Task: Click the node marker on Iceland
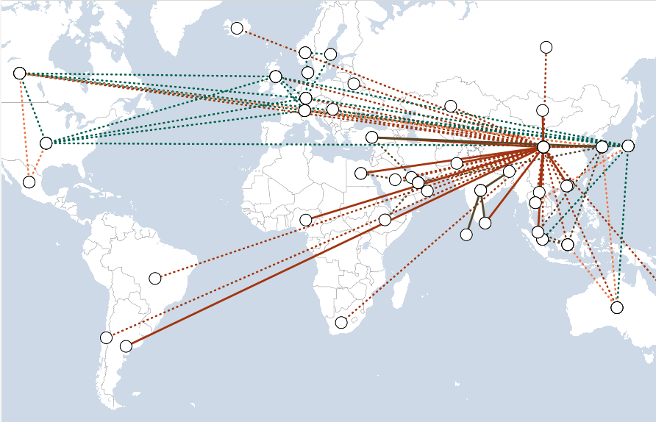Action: (x=237, y=29)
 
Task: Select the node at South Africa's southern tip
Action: (x=341, y=322)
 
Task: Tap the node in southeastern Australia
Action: (x=617, y=307)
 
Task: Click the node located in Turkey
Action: (x=372, y=137)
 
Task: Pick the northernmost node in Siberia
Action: (x=546, y=48)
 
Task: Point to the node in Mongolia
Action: (x=542, y=110)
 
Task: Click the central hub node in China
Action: (x=543, y=147)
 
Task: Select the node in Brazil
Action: (x=155, y=278)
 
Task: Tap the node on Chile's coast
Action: (x=107, y=337)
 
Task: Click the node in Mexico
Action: (x=29, y=182)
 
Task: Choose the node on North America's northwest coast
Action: (x=20, y=73)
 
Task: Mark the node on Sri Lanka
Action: (x=485, y=223)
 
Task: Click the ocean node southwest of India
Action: (x=466, y=235)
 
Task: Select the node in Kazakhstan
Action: (x=451, y=106)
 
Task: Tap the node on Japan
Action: (x=627, y=146)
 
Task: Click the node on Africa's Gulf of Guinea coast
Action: (x=306, y=220)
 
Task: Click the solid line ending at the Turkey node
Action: (x=456, y=142)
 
